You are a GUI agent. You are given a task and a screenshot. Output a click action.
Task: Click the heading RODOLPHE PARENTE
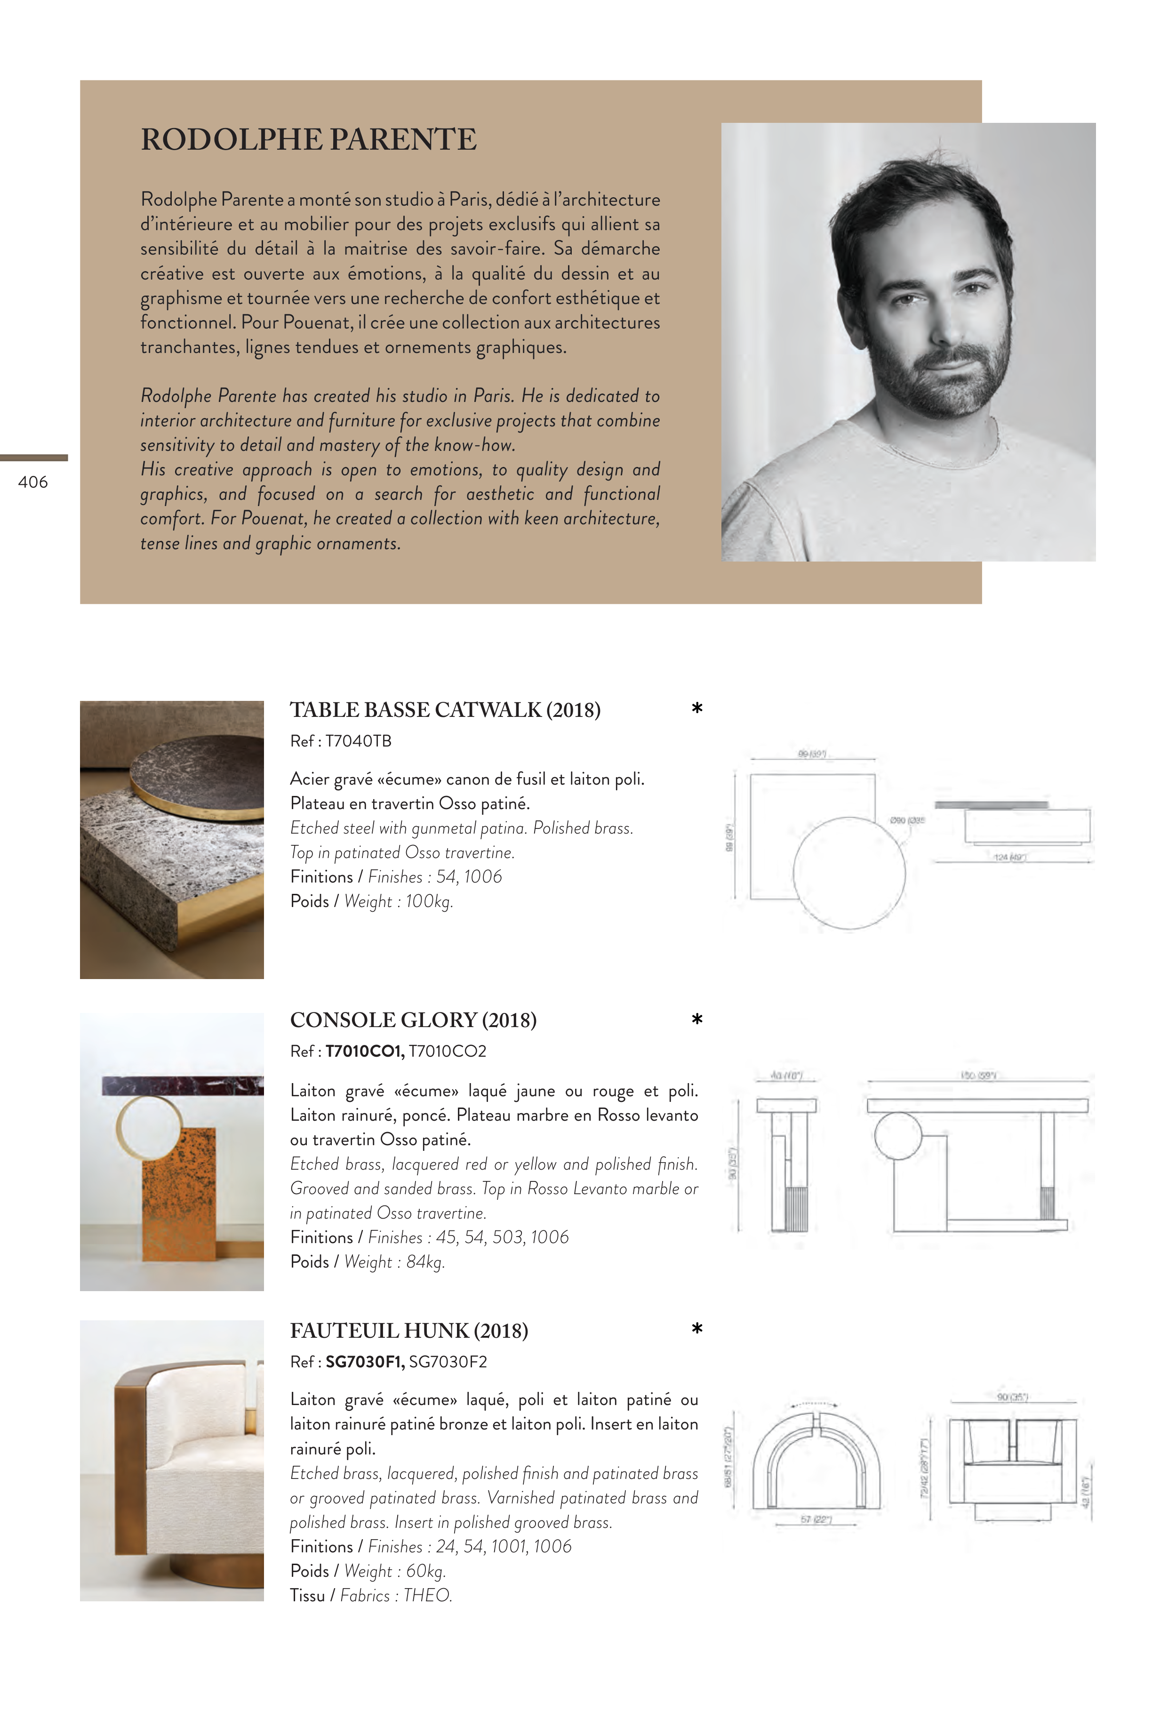coord(309,140)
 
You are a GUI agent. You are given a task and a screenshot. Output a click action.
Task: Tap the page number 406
coord(33,482)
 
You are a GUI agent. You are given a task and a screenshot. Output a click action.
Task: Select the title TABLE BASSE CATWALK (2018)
coord(445,710)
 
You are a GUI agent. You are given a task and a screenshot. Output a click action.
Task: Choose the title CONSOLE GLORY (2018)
coord(413,1020)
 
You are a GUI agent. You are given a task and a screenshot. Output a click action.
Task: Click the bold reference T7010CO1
coord(365,1052)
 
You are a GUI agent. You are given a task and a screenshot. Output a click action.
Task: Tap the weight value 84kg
coord(425,1262)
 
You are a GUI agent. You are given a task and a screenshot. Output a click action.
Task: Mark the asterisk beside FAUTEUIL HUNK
coord(697,1329)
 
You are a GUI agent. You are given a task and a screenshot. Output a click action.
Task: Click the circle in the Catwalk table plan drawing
coord(849,873)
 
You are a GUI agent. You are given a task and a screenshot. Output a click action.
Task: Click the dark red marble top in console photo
coord(182,1085)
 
